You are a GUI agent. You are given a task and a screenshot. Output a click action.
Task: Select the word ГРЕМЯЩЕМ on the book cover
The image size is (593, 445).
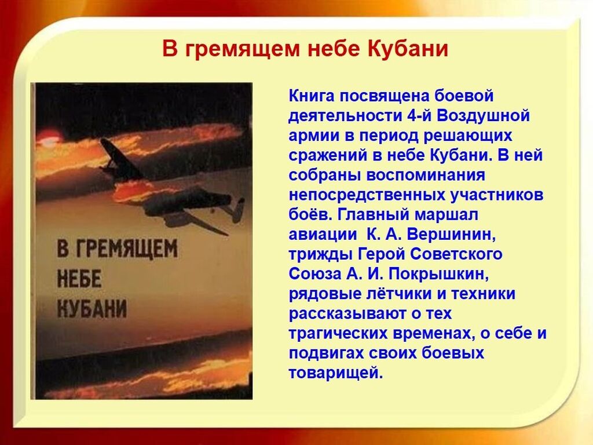coord(118,249)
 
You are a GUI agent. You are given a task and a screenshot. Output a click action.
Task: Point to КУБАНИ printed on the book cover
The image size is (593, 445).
coord(92,309)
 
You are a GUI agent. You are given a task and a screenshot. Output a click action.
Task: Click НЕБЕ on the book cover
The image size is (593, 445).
coord(79,279)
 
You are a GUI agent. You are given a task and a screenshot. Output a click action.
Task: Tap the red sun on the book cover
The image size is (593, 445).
coord(49,138)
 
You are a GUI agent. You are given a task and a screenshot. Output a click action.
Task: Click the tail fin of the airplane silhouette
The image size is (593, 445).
coord(239,210)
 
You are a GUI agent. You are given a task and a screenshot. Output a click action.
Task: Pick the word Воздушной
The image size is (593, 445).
coord(484,116)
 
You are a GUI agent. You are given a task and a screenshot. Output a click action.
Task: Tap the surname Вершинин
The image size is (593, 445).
coord(452,234)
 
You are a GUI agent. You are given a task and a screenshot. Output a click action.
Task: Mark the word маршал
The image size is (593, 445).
coord(446,214)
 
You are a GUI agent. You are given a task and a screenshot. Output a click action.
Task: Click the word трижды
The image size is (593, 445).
coord(321,254)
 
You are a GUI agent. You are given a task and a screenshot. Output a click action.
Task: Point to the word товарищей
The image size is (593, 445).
coord(336,373)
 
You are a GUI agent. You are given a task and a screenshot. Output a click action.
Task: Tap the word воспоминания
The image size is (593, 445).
coord(426,175)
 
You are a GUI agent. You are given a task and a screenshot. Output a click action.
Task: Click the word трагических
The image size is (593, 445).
coord(338,333)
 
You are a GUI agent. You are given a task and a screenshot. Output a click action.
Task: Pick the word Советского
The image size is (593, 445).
coord(456,254)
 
